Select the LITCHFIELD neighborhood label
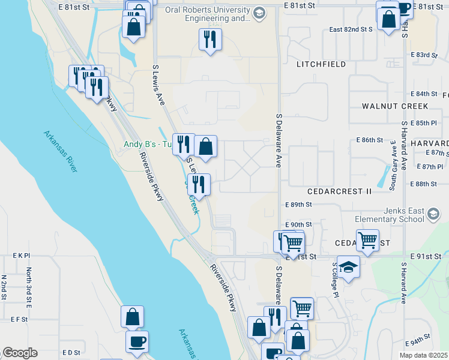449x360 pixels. [321, 64]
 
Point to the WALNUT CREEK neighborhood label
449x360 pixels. [394, 106]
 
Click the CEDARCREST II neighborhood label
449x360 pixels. [339, 191]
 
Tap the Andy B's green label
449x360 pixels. [147, 145]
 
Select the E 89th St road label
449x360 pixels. [299, 205]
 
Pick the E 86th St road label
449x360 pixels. [369, 140]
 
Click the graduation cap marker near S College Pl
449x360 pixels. [348, 266]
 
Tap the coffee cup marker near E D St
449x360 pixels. [137, 341]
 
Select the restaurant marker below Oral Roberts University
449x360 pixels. [210, 40]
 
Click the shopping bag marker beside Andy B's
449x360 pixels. [205, 146]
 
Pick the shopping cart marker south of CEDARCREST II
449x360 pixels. [367, 241]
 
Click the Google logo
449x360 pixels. [20, 353]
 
